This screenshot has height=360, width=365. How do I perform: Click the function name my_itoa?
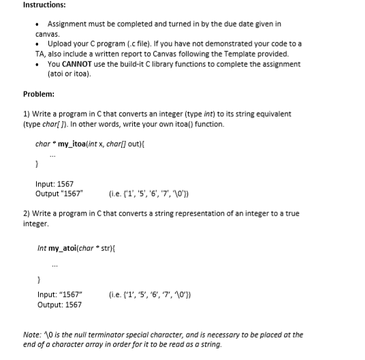click(x=73, y=145)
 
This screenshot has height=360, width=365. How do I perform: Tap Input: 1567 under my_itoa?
click(x=54, y=183)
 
